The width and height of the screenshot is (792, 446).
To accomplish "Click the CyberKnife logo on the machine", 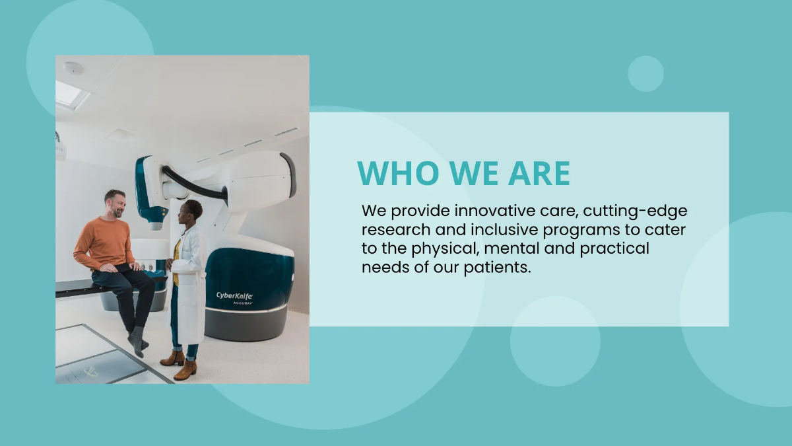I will click(234, 297).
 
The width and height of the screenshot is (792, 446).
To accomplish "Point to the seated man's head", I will click(114, 202).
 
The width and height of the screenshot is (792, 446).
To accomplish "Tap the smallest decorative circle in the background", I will click(645, 73).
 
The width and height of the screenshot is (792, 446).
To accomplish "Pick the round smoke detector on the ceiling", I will click(73, 67).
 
